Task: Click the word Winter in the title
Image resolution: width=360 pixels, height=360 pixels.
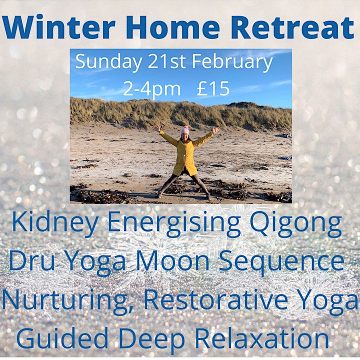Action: point(59,27)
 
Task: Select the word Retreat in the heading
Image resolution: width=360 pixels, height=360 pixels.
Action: point(292,27)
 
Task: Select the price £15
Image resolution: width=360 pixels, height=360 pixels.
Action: point(213,89)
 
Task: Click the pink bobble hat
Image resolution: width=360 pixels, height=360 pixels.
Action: point(185,130)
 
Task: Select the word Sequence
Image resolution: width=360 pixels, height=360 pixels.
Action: point(281,261)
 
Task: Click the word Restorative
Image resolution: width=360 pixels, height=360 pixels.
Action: point(216,299)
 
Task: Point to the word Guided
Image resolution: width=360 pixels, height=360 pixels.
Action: point(62,338)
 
